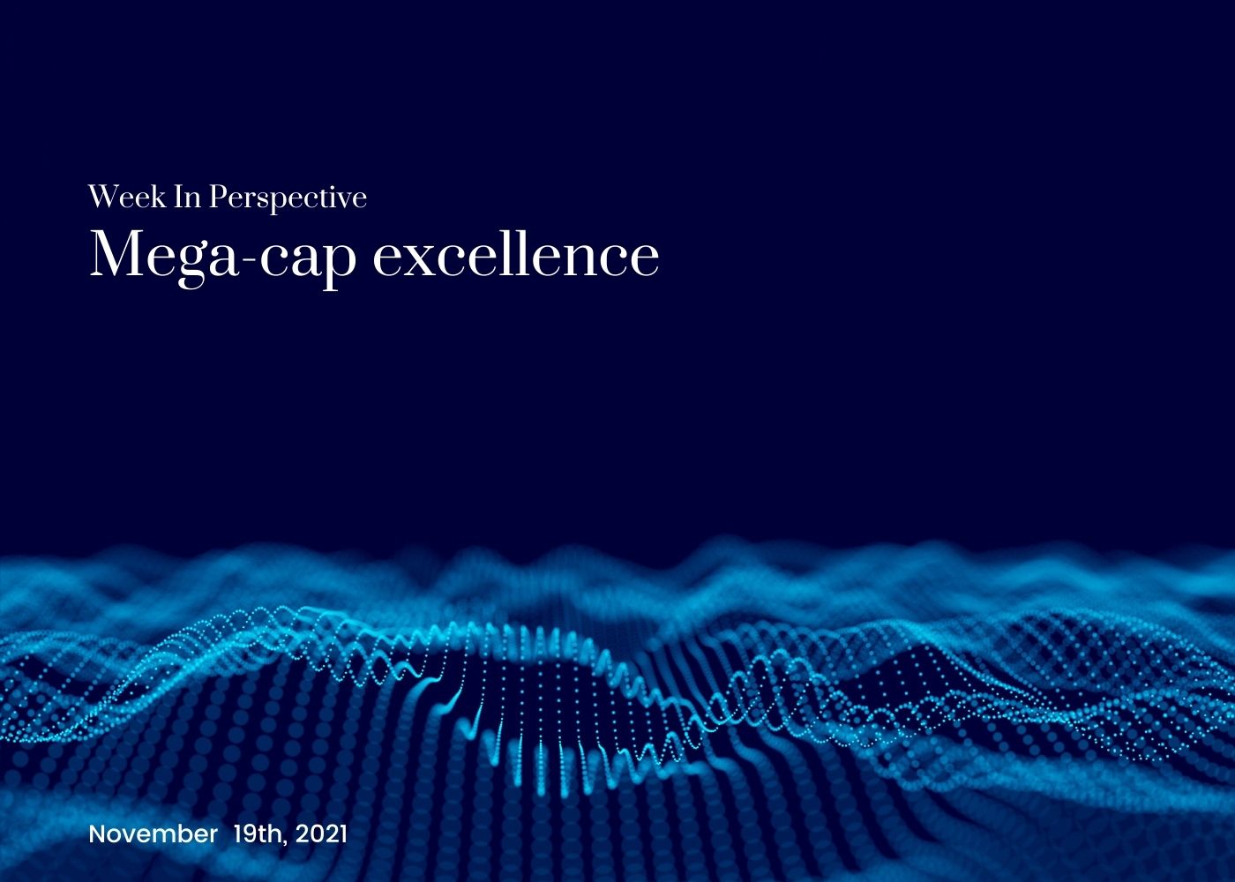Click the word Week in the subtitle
click(x=127, y=197)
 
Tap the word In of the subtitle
click(x=187, y=197)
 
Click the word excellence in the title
click(x=516, y=255)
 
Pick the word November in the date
click(x=153, y=833)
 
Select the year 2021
click(x=321, y=833)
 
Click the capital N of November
click(x=96, y=833)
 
